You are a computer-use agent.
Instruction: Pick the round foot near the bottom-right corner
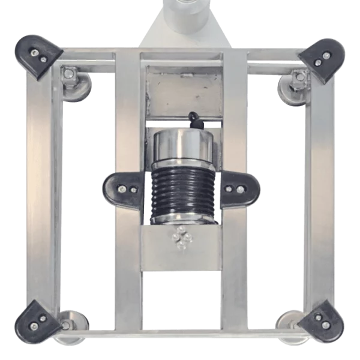(287, 320)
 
